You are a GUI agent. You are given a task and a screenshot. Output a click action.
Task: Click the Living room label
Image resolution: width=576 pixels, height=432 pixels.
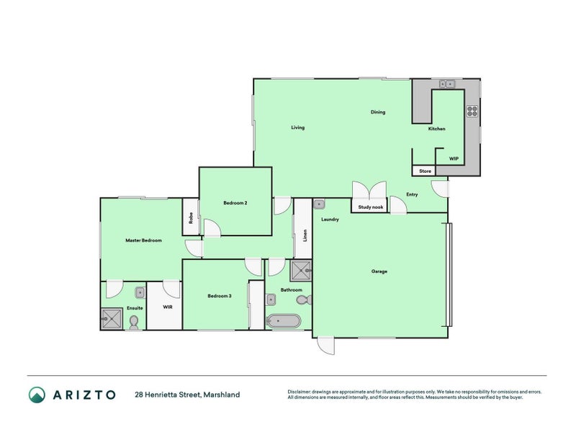(x=297, y=128)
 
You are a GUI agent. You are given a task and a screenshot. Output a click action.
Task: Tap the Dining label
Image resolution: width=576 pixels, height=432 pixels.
(x=378, y=112)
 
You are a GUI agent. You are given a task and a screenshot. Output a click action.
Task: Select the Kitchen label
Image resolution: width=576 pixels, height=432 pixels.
(x=436, y=129)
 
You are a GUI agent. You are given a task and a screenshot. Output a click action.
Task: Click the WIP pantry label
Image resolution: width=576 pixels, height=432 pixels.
(x=454, y=158)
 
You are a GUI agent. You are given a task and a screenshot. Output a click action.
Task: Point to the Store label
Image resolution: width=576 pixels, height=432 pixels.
(x=425, y=171)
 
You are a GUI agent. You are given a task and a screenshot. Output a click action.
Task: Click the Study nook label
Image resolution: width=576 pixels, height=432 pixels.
(x=372, y=207)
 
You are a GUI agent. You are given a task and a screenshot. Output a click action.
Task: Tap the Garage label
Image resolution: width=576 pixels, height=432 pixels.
(x=379, y=271)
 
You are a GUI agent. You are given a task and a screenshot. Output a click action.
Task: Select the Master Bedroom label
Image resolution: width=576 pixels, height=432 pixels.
(x=143, y=240)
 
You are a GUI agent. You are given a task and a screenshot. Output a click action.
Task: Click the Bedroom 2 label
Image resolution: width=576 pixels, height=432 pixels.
(x=235, y=203)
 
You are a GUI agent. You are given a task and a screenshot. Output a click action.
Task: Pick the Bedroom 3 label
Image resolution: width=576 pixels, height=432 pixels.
(x=220, y=296)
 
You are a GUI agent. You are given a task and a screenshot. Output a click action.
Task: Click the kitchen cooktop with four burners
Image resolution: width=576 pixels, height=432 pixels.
(x=472, y=111)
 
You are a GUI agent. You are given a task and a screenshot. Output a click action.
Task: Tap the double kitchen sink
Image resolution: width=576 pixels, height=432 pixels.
(x=446, y=84)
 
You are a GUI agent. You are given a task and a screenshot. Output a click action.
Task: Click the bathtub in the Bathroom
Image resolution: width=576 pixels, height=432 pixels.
(x=283, y=320)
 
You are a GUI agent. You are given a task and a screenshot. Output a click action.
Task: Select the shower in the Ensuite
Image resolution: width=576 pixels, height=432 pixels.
(x=112, y=318)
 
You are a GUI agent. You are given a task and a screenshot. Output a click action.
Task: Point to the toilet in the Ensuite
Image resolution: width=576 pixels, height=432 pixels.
(x=134, y=322)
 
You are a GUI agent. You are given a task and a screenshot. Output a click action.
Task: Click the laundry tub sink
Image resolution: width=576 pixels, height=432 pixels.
(x=319, y=204)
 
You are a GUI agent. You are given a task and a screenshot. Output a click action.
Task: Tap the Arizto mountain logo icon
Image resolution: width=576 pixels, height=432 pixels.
(x=37, y=395)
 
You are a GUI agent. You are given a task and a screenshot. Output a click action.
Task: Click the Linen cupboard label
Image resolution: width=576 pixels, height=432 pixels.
(x=305, y=235)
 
